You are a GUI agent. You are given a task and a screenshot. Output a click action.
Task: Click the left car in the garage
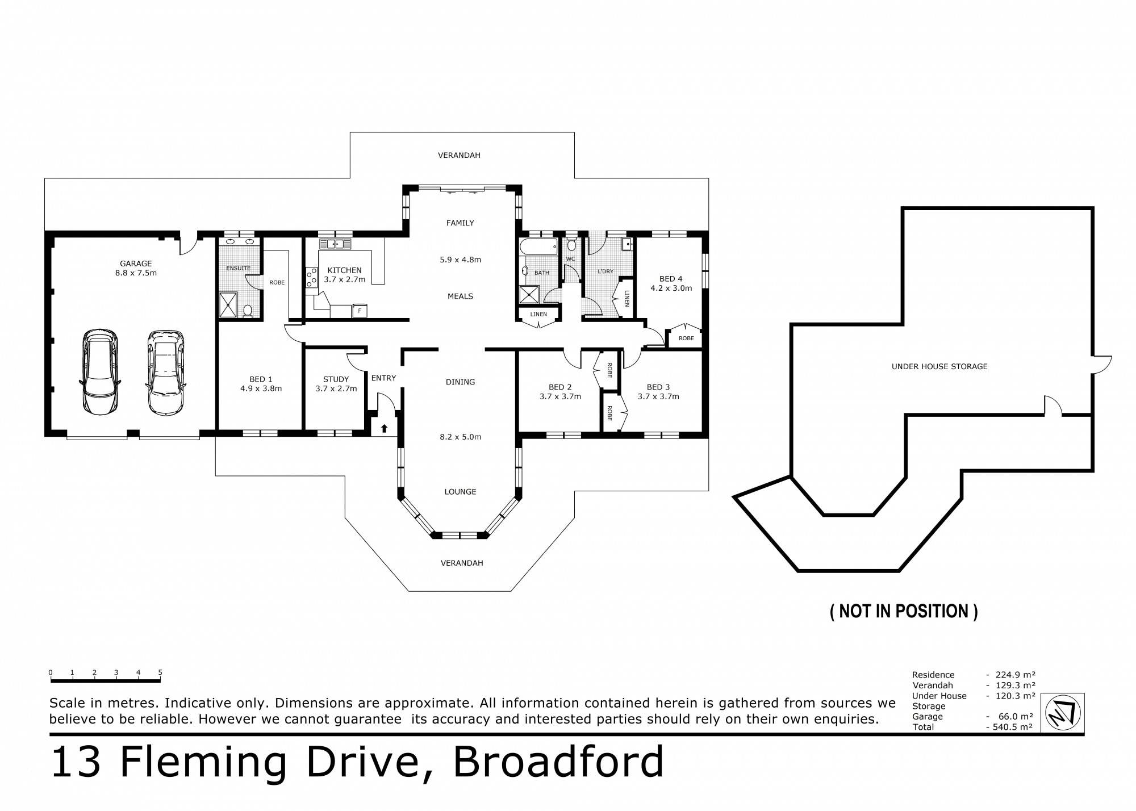click(100, 371)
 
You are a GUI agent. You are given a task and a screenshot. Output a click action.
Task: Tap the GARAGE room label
click(136, 264)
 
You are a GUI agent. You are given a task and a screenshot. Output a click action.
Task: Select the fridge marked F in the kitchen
click(360, 311)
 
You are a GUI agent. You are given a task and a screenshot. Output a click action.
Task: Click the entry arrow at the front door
click(384, 428)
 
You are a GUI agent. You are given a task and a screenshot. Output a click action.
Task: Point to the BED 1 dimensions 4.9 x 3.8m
click(261, 388)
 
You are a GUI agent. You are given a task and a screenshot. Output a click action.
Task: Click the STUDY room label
click(336, 379)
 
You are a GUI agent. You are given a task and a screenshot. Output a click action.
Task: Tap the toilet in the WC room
click(571, 245)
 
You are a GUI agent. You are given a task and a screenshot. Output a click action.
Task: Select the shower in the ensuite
click(230, 304)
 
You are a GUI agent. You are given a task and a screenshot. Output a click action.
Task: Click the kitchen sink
click(335, 244)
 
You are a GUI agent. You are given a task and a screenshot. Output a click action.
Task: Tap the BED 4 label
click(671, 279)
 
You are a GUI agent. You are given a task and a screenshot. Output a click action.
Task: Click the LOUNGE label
click(460, 492)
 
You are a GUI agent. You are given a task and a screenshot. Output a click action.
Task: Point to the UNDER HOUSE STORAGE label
click(939, 367)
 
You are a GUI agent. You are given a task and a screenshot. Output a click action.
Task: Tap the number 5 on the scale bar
click(160, 672)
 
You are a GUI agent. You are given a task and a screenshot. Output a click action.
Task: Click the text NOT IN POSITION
click(904, 611)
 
